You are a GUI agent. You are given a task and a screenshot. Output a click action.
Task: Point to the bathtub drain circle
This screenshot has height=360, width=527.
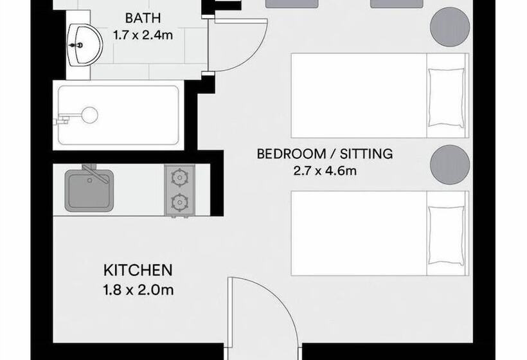click(90, 115)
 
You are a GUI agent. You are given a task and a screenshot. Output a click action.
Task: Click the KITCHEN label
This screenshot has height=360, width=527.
click(138, 269)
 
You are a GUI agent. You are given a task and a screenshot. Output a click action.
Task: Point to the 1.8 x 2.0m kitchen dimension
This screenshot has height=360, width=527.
click(138, 290)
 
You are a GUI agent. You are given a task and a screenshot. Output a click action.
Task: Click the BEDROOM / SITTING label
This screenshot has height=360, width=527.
click(325, 154)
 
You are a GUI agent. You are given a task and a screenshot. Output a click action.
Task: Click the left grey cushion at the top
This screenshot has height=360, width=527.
click(293, 3)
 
